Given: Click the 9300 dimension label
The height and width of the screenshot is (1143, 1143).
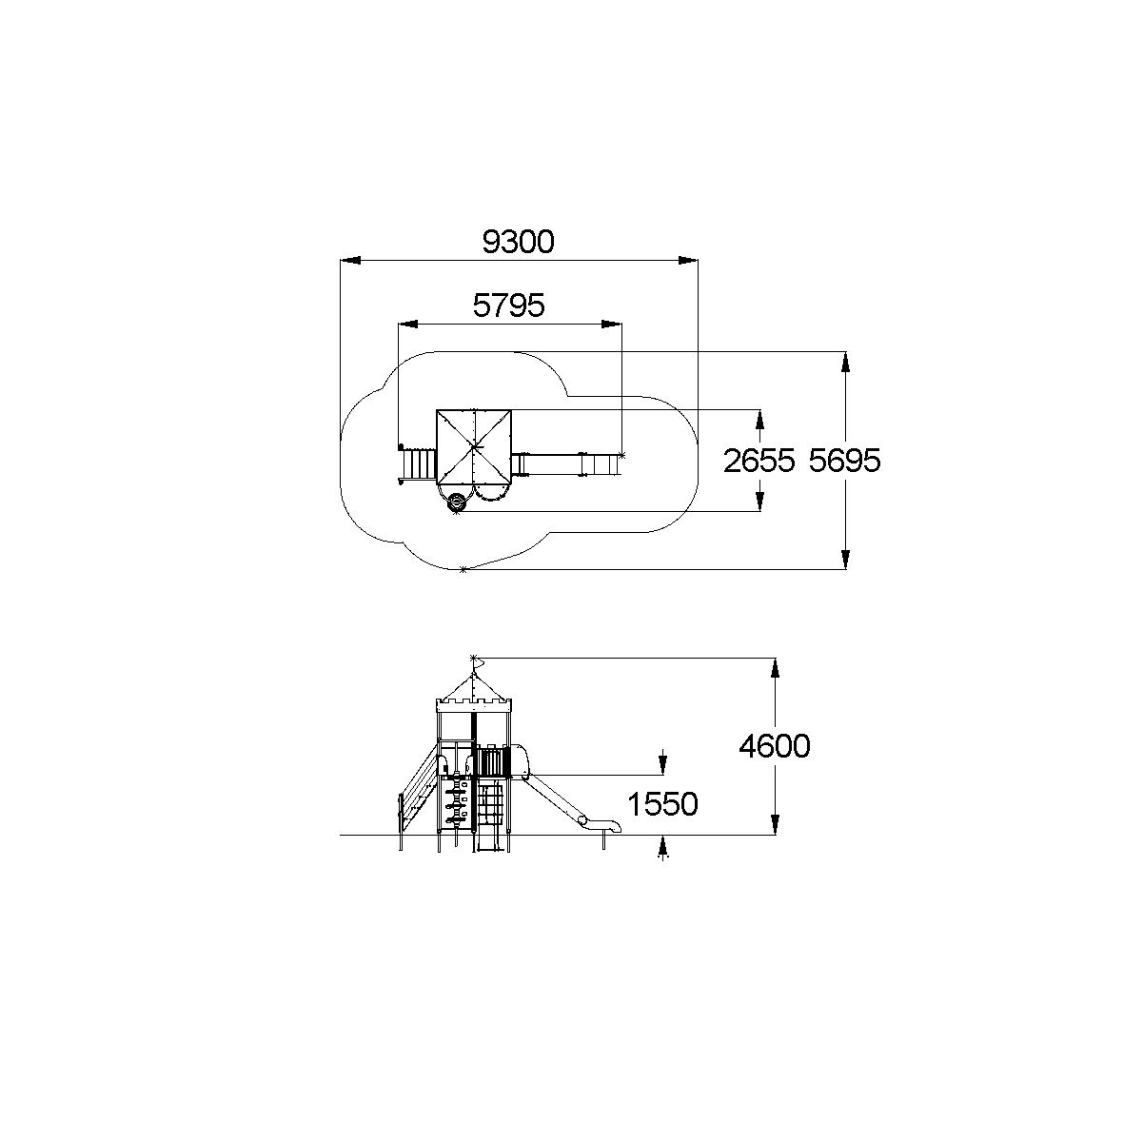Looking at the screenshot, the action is coord(518,242).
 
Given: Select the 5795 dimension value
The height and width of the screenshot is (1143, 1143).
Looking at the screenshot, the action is coord(508,306).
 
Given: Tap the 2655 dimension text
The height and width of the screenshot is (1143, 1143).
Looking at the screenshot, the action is coord(759,461).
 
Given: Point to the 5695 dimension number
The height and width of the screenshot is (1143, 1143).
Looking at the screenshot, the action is coord(845,461).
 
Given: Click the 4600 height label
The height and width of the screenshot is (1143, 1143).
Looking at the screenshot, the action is coord(775,746).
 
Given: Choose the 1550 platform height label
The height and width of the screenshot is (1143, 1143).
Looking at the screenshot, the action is coord(662,805).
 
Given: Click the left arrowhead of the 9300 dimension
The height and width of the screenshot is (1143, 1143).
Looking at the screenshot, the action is coord(350,261).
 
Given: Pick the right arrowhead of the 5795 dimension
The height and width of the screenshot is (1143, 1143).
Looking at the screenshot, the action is coord(612,324).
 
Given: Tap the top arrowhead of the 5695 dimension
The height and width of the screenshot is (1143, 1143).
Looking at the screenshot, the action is coord(845,363).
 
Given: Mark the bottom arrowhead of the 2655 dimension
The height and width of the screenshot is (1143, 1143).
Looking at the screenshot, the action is coord(760,502).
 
